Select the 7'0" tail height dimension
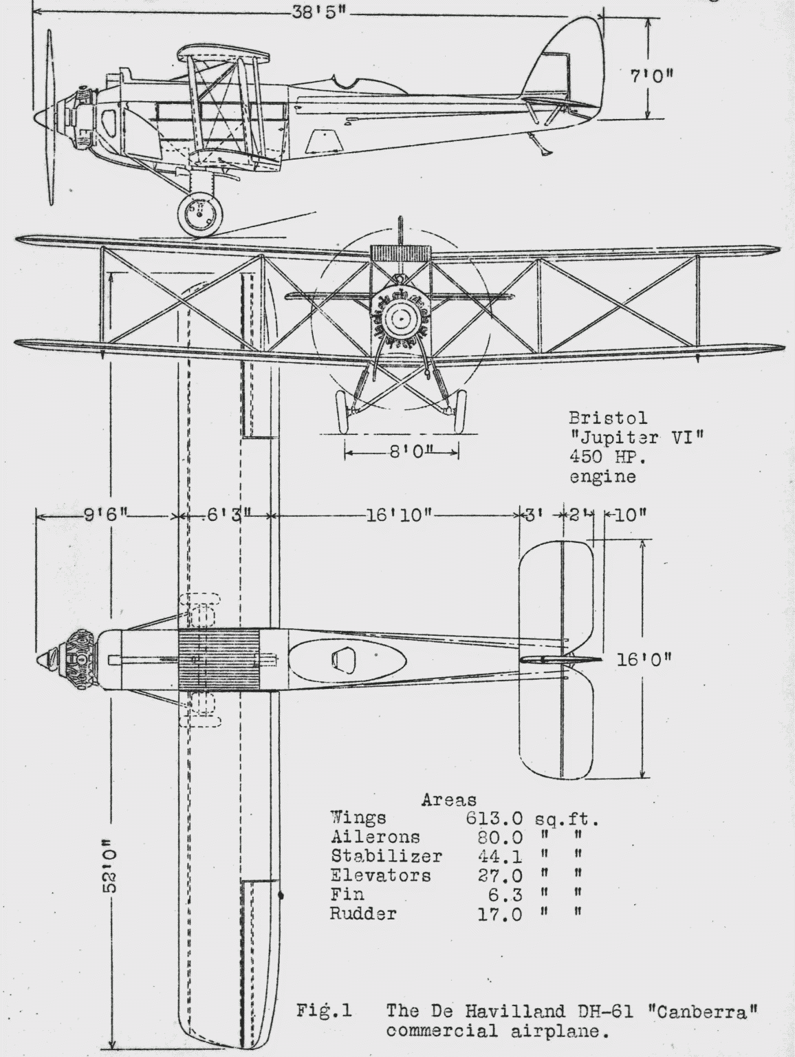click(651, 75)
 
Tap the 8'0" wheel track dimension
click(403, 451)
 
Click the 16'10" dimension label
click(399, 515)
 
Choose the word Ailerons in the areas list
click(375, 837)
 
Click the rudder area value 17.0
click(500, 915)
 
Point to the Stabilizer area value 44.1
click(500, 857)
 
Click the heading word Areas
click(448, 800)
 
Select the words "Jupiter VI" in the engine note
click(636, 437)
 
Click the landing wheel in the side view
click(200, 214)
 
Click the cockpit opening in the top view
click(344, 660)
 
